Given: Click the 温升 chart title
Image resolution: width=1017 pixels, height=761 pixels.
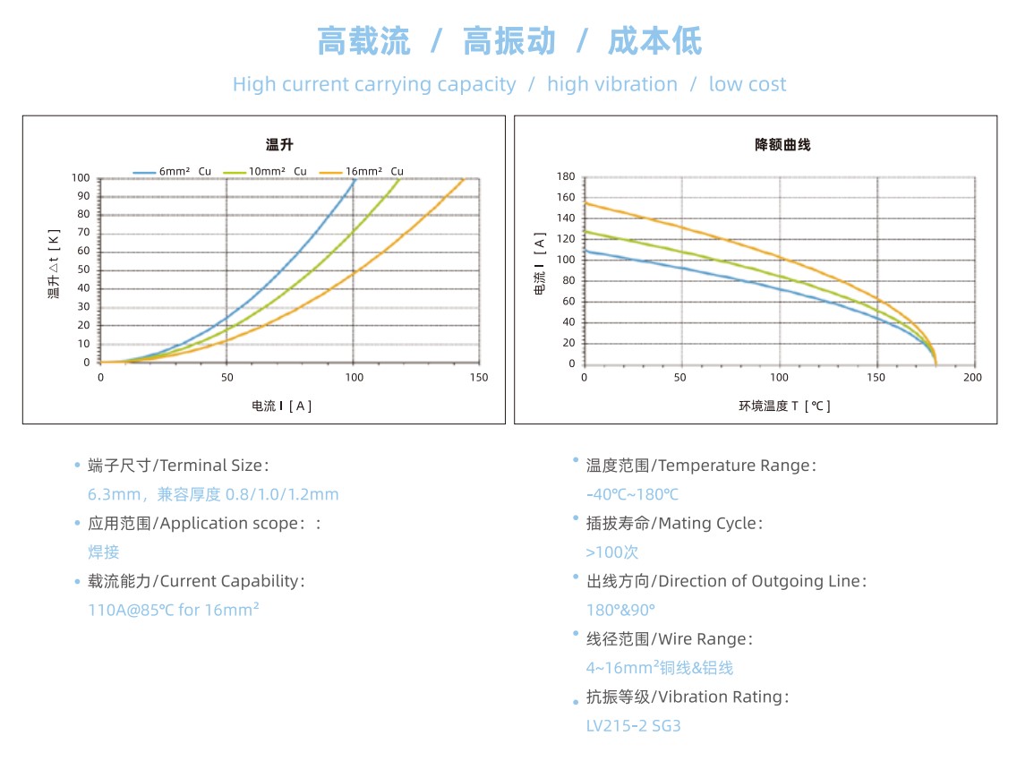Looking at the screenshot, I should pos(278,145).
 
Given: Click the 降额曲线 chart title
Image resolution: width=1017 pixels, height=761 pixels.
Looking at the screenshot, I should pos(782,145).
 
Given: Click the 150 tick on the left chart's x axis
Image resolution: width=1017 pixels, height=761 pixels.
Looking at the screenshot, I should pos(479,378).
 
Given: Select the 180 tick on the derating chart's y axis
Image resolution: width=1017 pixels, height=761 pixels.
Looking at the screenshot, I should pos(565,176).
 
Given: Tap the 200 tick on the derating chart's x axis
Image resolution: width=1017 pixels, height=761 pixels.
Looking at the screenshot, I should pos(972,378).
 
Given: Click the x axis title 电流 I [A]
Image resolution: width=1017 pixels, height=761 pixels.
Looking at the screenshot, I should pos(282,406).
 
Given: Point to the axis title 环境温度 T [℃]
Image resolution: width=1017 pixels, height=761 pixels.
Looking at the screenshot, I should pos(784,406).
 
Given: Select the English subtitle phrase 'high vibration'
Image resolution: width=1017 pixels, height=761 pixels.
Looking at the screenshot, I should pos(612,84).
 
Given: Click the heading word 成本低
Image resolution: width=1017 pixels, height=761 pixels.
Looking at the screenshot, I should pos(655,41).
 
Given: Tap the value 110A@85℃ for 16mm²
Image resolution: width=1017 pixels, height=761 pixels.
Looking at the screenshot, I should pos(174,610).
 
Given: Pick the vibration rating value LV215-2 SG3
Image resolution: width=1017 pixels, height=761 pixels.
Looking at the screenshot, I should pos(633,725).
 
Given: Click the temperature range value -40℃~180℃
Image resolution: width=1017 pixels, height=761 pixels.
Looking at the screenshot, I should pos(632,494).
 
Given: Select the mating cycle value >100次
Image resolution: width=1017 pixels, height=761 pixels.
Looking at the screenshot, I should pos(612,552).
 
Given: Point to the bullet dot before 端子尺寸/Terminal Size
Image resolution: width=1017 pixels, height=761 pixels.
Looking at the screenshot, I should pos(77,466).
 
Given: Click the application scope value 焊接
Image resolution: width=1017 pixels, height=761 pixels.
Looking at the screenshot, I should pos(104,552).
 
